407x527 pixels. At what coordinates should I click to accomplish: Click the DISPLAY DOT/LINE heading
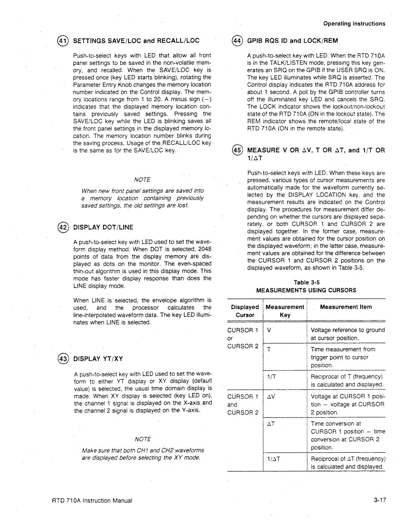(x=103, y=227)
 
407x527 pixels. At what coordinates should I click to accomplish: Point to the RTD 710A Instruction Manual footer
(x=92, y=501)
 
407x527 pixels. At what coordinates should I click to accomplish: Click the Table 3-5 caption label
(x=306, y=282)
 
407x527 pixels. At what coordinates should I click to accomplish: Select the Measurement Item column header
(x=346, y=307)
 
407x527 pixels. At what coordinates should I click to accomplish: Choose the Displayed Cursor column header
(x=245, y=311)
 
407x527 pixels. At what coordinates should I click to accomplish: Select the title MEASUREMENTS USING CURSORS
(x=306, y=290)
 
